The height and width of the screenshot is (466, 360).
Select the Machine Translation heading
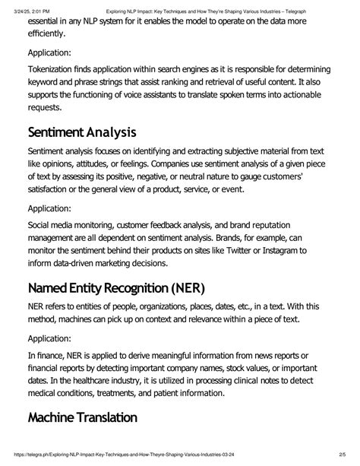tap(83, 417)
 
